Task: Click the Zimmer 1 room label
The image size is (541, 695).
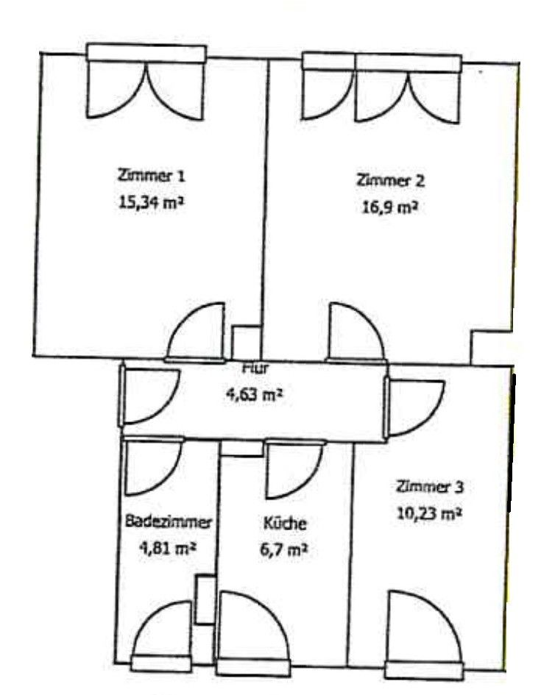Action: (x=150, y=177)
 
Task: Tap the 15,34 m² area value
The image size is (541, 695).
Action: (x=150, y=200)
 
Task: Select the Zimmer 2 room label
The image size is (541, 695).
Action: (x=390, y=179)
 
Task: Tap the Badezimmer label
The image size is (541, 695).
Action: (x=169, y=522)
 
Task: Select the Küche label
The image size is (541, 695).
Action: (x=285, y=524)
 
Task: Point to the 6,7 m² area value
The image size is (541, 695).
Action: (x=285, y=549)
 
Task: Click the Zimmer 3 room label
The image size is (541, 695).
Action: (x=430, y=486)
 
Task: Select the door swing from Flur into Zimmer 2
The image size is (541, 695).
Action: (x=354, y=332)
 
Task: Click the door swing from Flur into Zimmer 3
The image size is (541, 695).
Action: (x=414, y=409)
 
